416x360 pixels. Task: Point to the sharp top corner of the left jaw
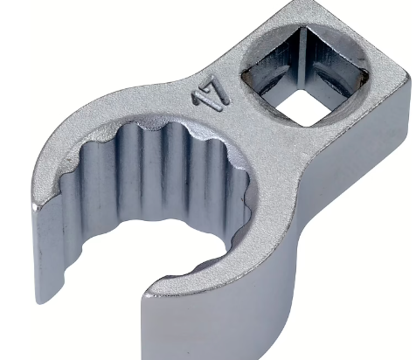click(34, 206)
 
